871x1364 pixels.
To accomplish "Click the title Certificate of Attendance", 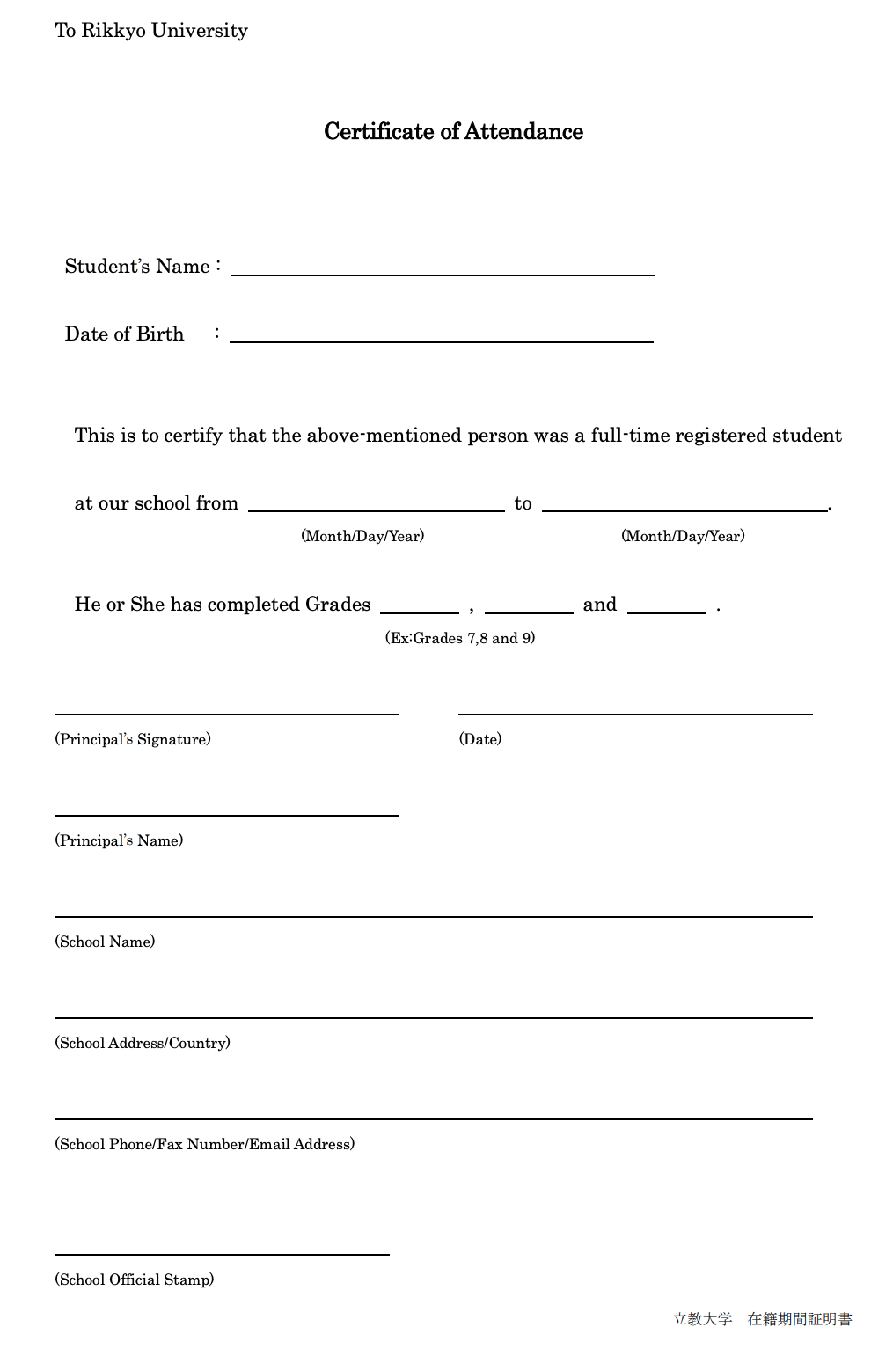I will click(x=453, y=132).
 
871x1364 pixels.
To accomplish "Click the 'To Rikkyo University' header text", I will click(x=151, y=31).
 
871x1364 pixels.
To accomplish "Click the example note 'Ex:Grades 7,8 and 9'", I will click(x=460, y=638).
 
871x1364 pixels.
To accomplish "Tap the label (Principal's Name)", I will click(x=119, y=840).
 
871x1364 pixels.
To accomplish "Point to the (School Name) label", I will click(x=105, y=942).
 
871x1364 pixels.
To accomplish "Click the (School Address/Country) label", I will click(x=143, y=1043).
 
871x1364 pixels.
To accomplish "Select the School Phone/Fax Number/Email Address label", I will click(x=205, y=1144).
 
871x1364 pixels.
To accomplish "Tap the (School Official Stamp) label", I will click(x=135, y=1280).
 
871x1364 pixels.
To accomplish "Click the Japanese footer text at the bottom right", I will click(x=762, y=1319).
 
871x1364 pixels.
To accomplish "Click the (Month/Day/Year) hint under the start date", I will click(x=362, y=536).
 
